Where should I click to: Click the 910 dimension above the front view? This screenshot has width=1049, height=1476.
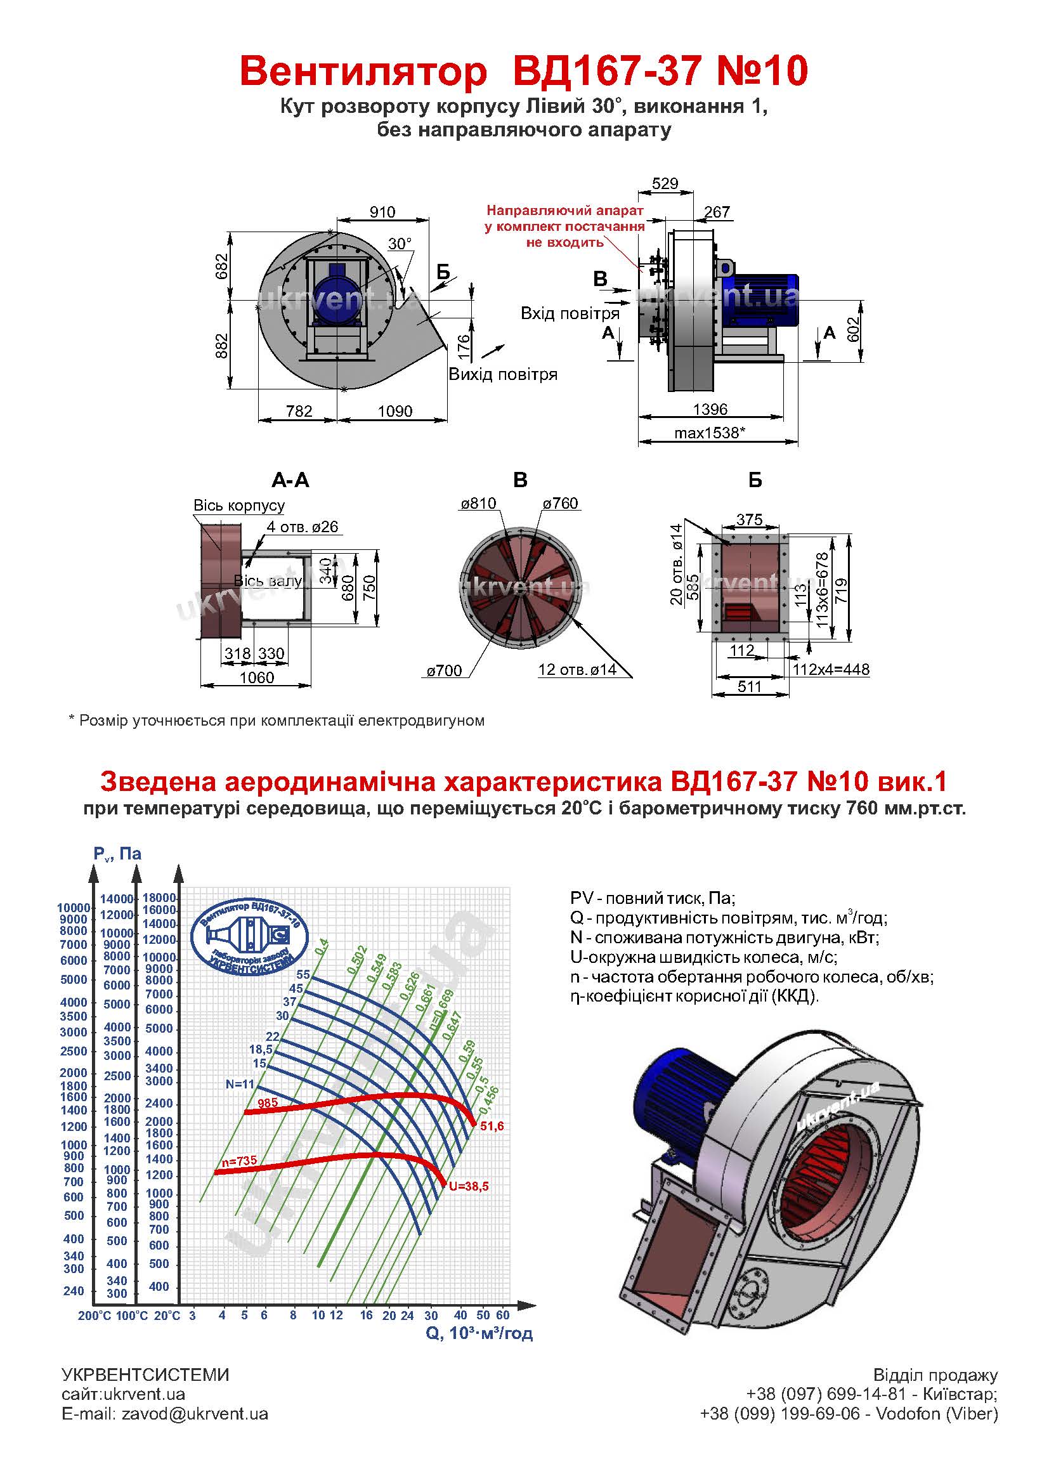[382, 211]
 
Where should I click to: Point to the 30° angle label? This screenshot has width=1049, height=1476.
[399, 244]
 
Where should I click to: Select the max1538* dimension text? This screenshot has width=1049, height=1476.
[709, 433]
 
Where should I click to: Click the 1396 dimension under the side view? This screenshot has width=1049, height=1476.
[710, 409]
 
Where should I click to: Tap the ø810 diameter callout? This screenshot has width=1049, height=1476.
[478, 503]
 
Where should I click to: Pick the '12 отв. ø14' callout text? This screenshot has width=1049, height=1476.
[577, 670]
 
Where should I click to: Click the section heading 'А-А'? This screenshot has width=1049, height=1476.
[290, 480]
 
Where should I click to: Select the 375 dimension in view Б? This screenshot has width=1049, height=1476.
[749, 519]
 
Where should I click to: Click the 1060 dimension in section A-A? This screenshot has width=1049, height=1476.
[256, 677]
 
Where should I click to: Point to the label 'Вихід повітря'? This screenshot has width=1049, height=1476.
[502, 375]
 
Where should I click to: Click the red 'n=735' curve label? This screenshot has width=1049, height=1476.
[239, 1161]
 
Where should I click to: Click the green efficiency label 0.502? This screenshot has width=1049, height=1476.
[356, 958]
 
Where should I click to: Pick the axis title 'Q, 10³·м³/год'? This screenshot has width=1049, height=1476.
[479, 1333]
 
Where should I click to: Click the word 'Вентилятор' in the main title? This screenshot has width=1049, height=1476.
[363, 71]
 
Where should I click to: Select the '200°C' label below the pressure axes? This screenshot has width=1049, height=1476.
[95, 1316]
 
